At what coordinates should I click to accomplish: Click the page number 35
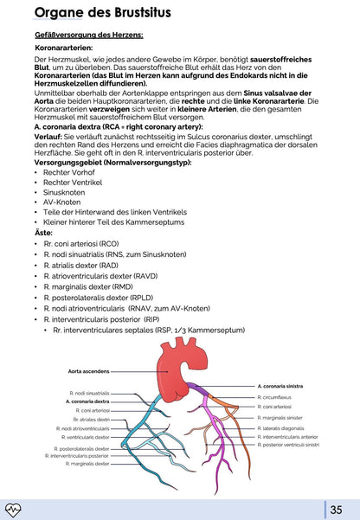(x=337, y=509)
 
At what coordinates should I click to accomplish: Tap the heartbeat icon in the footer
(x=14, y=509)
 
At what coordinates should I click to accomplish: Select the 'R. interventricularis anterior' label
(x=286, y=437)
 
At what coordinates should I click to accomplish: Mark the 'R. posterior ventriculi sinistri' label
(x=288, y=445)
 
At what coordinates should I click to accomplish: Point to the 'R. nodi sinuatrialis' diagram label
(x=91, y=393)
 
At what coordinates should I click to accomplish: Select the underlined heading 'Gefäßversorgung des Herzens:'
(x=77, y=35)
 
